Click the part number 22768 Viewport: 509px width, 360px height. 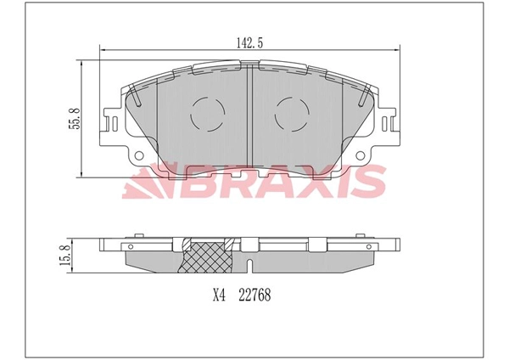coord(254,296)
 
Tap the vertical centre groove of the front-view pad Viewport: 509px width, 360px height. coord(248,110)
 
